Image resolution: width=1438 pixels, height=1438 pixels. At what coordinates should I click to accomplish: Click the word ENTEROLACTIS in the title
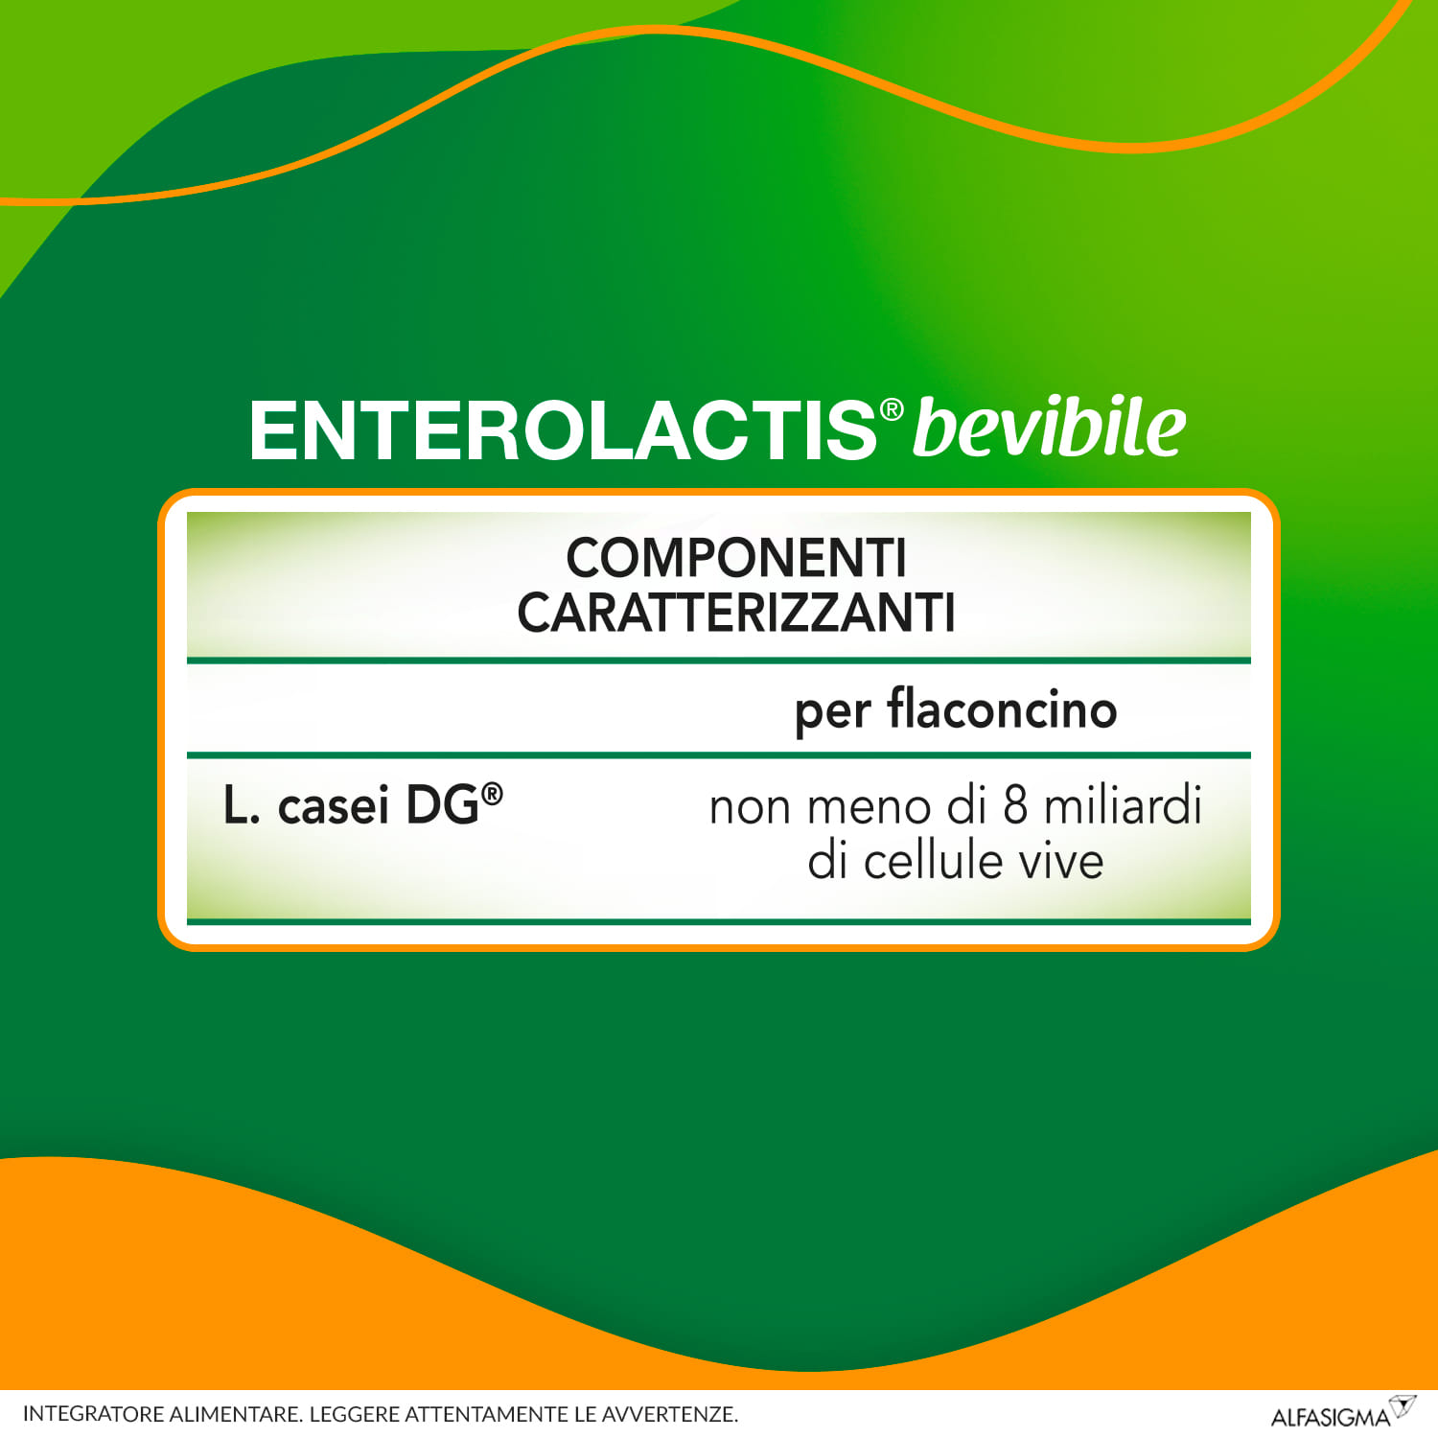coord(562,430)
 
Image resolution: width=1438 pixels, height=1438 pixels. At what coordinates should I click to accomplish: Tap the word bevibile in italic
coord(1049,428)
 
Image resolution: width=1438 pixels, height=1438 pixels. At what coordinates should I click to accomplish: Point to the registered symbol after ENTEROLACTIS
coord(892,410)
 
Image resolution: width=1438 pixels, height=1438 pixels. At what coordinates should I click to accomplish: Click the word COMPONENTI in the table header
coord(735,558)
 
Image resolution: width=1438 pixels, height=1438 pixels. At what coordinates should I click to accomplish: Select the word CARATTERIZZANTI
coord(735,613)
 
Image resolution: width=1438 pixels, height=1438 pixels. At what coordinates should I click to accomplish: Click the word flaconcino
coord(1002,709)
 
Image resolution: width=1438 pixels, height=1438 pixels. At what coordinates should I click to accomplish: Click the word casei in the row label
coord(333,805)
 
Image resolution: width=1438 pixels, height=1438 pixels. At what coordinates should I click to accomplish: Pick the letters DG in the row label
coord(442,804)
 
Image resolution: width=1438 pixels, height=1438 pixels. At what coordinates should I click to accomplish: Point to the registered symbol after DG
coord(492,793)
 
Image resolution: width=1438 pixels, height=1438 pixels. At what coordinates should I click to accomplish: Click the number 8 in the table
coord(1015,805)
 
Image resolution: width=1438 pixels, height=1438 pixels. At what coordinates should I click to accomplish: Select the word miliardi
coord(1123,805)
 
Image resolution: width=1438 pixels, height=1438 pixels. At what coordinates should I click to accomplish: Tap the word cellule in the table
coord(935,860)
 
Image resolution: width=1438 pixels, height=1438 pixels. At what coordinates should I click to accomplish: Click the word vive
coord(1061,860)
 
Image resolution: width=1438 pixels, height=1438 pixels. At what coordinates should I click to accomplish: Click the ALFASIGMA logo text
coord(1330,1417)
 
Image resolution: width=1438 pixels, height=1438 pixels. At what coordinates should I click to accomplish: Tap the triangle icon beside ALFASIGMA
coord(1403,1406)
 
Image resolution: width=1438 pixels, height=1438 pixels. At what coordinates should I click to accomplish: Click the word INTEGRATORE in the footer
coord(93,1414)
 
